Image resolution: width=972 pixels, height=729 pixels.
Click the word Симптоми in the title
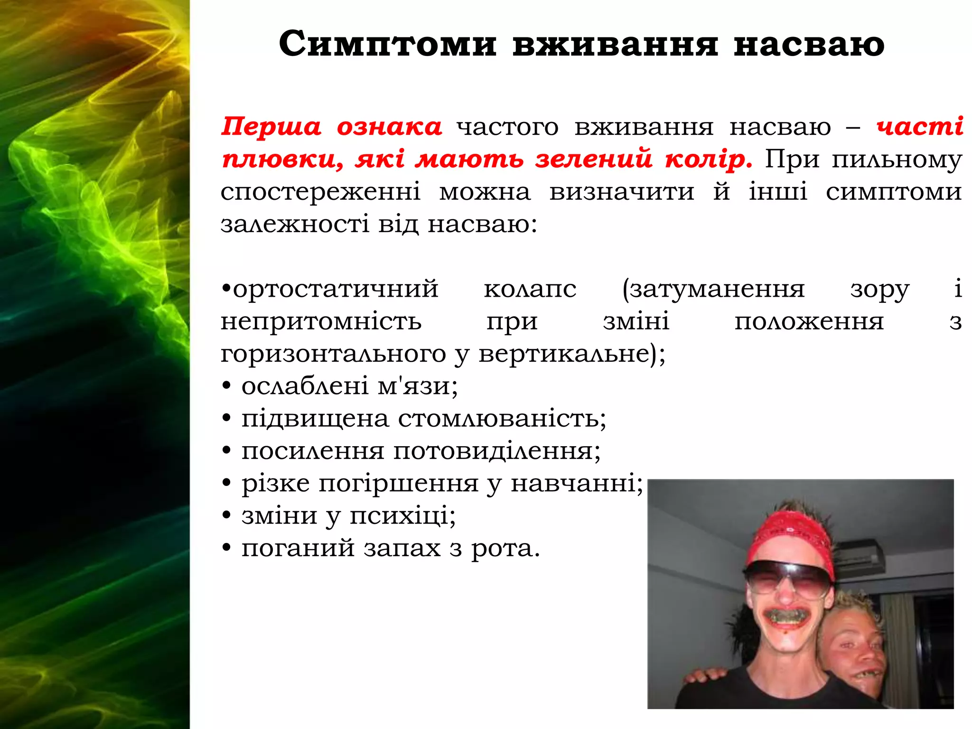click(x=387, y=45)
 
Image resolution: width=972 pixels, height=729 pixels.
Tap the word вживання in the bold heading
click(x=615, y=45)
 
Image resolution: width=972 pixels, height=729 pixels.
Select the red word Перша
click(x=271, y=127)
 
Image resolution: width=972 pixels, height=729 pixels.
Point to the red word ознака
click(x=389, y=127)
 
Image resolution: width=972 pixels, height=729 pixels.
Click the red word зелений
click(x=594, y=159)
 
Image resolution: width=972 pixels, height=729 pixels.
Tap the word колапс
click(x=530, y=289)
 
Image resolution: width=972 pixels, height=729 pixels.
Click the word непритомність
click(x=321, y=321)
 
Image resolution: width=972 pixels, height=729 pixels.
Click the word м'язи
click(x=418, y=386)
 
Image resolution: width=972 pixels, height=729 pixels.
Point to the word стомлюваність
click(x=502, y=419)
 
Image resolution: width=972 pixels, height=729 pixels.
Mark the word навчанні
click(x=577, y=484)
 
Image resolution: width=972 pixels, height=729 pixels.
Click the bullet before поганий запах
click(x=227, y=548)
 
